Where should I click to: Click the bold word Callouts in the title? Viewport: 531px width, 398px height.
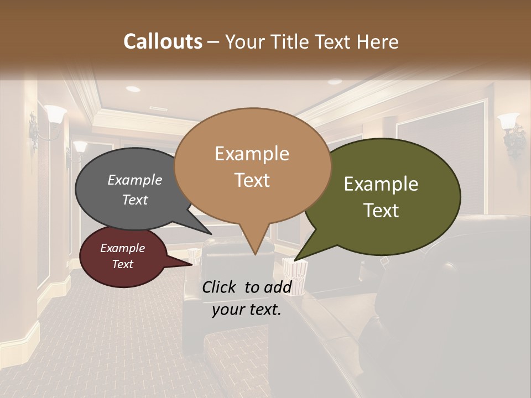click(163, 41)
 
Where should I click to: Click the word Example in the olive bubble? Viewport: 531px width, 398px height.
click(381, 184)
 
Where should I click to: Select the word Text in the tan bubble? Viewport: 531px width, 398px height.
click(252, 180)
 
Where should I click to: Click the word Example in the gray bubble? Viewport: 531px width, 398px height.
click(135, 180)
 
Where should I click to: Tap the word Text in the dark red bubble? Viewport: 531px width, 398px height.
click(123, 264)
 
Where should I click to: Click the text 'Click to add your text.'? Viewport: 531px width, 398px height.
click(247, 298)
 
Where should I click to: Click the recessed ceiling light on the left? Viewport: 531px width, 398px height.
click(133, 88)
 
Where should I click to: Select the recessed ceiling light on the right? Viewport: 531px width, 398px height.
click(335, 82)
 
